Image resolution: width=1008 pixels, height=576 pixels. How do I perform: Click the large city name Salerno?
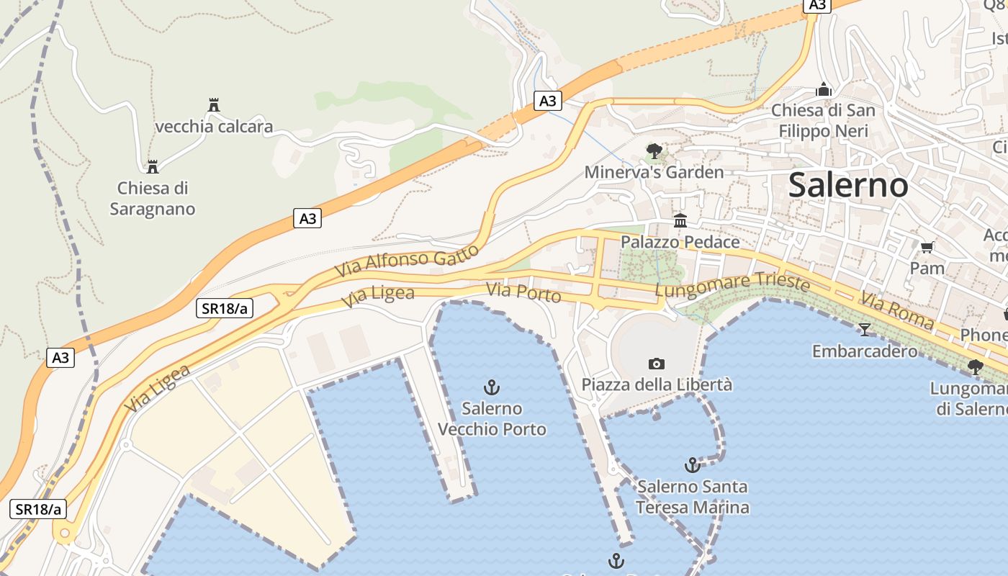pyautogui.click(x=848, y=185)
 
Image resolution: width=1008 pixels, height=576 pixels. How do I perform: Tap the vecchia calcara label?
pyautogui.click(x=214, y=127)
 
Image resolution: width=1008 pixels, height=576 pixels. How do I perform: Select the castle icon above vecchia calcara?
pyautogui.click(x=213, y=105)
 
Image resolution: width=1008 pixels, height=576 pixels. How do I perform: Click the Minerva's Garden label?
pyautogui.click(x=654, y=172)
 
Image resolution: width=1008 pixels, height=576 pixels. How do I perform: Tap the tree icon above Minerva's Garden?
pyautogui.click(x=654, y=151)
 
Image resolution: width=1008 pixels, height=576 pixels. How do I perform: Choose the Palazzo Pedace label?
pyautogui.click(x=680, y=242)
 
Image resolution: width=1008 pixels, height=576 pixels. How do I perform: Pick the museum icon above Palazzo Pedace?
pyautogui.click(x=680, y=220)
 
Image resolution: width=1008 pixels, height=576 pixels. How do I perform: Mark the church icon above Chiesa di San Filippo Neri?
pyautogui.click(x=824, y=90)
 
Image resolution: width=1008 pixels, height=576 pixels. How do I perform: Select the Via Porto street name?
pyautogui.click(x=523, y=292)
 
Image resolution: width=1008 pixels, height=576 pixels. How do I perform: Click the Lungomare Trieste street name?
pyautogui.click(x=732, y=284)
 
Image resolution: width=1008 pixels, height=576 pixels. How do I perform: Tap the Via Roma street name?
pyautogui.click(x=897, y=310)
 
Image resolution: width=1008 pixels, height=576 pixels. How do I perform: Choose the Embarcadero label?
pyautogui.click(x=865, y=351)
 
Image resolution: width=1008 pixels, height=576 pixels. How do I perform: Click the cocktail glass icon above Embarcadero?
pyautogui.click(x=865, y=330)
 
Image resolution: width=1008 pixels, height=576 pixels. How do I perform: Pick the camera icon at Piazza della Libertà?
pyautogui.click(x=657, y=364)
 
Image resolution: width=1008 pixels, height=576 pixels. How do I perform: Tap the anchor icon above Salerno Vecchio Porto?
pyautogui.click(x=492, y=388)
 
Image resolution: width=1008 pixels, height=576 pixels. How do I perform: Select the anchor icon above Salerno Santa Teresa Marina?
pyautogui.click(x=692, y=465)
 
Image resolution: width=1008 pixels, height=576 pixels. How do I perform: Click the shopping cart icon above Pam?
pyautogui.click(x=927, y=247)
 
